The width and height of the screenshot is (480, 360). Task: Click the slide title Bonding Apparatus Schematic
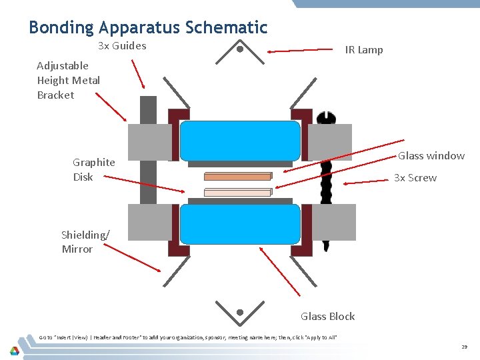click(148, 27)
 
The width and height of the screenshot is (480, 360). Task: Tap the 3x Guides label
click(122, 46)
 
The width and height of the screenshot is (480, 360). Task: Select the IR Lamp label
click(363, 50)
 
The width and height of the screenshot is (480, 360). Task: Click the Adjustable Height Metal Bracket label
click(69, 80)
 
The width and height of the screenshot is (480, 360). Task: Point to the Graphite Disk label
click(93, 169)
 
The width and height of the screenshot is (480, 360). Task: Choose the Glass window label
click(431, 156)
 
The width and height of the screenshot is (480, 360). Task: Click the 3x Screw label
click(415, 178)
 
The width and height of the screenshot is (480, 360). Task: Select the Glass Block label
click(327, 317)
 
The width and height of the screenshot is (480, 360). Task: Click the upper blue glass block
click(240, 141)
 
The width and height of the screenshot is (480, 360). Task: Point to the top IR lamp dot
click(240, 48)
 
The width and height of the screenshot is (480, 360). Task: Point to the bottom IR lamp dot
click(240, 312)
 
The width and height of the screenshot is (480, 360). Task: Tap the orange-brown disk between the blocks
click(237, 177)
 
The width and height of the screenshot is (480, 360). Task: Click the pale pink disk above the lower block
click(237, 192)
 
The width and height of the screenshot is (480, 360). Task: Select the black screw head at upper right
click(326, 119)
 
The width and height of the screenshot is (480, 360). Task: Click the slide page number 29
click(464, 347)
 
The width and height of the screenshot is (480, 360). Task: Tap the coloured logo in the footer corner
click(15, 350)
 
